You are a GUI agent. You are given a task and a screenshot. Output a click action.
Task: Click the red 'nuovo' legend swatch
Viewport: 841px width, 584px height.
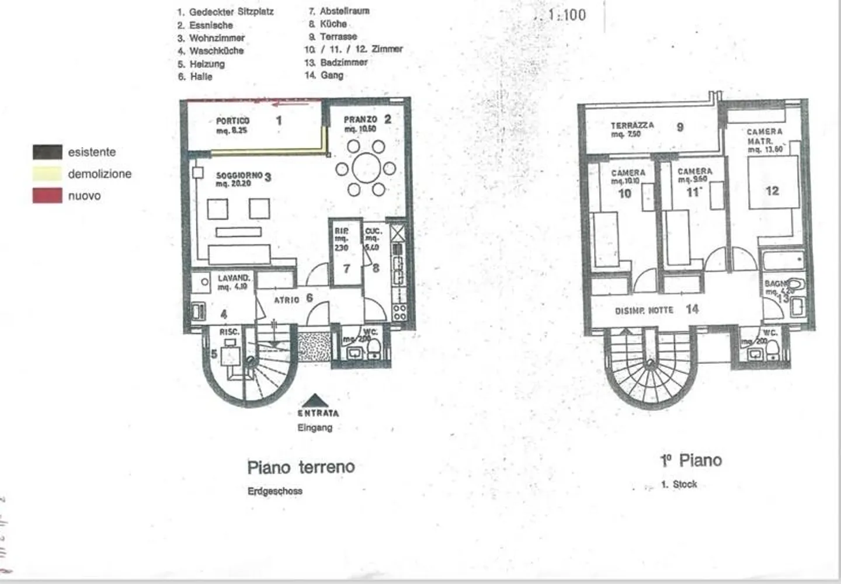(x=47, y=196)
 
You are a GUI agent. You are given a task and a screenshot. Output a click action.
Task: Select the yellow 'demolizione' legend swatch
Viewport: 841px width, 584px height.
(x=47, y=173)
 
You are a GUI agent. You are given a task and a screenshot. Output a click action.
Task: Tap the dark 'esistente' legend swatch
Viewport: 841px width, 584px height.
(x=47, y=152)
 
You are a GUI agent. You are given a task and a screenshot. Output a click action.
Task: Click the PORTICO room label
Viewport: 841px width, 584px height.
(x=232, y=121)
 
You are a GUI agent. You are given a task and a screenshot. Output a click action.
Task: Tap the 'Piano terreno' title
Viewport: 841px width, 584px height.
(x=301, y=467)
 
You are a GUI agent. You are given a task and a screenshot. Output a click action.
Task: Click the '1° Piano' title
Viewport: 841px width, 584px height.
(x=691, y=460)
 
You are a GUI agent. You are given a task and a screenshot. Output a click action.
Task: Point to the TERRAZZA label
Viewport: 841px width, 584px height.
(x=633, y=126)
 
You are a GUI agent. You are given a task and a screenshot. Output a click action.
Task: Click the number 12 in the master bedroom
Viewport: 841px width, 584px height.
(x=772, y=190)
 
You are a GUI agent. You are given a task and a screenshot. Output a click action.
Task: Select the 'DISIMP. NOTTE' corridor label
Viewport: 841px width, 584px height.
(x=644, y=310)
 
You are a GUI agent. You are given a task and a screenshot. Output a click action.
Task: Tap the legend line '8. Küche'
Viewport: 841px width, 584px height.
(x=328, y=24)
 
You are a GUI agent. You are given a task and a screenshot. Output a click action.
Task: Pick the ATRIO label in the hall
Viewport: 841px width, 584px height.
(x=287, y=300)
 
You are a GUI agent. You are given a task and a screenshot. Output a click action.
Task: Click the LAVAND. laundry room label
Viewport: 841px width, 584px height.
(x=234, y=278)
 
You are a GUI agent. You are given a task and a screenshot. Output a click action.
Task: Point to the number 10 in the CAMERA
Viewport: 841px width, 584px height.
(x=625, y=193)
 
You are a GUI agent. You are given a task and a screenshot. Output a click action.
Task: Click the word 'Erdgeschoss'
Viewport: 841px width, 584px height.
(x=275, y=491)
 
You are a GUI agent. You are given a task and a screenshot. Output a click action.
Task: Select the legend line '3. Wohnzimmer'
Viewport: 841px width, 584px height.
(x=211, y=38)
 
